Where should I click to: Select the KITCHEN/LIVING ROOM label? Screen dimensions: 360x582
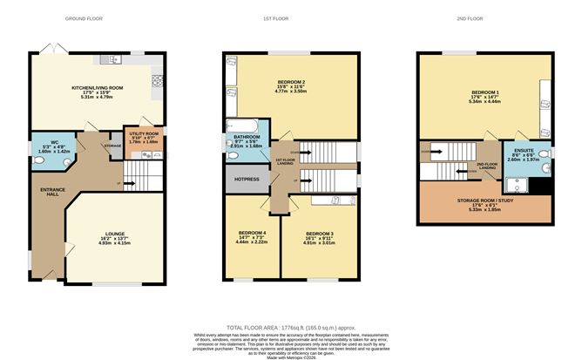pyautogui.click(x=97, y=88)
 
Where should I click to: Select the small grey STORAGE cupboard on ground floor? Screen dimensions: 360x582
pyautogui.click(x=112, y=146)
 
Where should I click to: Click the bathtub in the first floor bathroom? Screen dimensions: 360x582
pyautogui.click(x=236, y=127)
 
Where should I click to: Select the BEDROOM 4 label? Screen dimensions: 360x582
pyautogui.click(x=252, y=234)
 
